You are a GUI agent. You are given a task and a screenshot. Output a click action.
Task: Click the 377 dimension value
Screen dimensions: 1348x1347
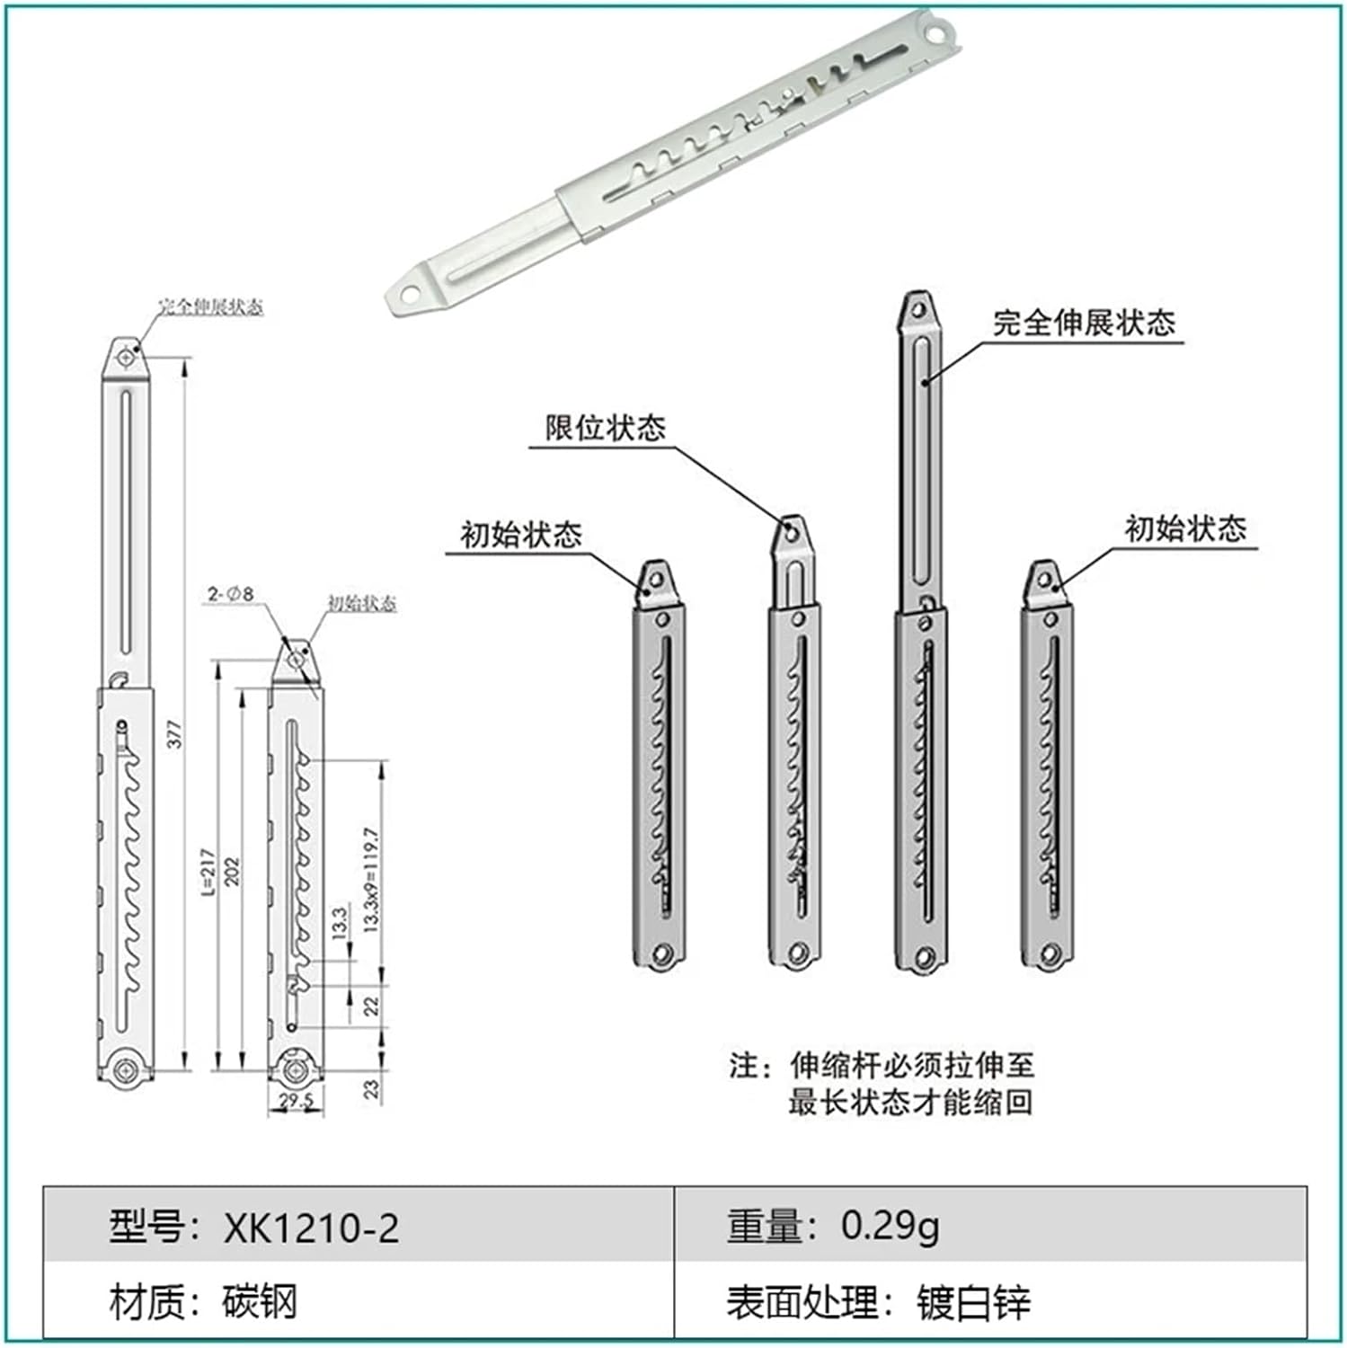(x=176, y=733)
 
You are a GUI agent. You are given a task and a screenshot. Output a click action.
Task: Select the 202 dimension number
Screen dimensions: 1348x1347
(x=232, y=871)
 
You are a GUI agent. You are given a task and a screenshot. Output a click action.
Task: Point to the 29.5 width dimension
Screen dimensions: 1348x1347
(x=296, y=1101)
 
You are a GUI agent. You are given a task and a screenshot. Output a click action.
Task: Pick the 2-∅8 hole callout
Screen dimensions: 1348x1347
(x=231, y=594)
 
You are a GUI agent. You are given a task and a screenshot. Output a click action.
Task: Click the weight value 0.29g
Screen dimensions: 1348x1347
(x=890, y=1226)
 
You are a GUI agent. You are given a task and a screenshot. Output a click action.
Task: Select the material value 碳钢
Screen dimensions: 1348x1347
(x=259, y=1301)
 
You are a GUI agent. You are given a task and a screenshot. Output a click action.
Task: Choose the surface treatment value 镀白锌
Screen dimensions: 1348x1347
(x=973, y=1302)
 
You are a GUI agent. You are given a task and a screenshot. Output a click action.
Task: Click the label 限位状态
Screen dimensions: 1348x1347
(x=606, y=428)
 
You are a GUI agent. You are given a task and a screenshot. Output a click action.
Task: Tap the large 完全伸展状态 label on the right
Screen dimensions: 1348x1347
(x=1084, y=323)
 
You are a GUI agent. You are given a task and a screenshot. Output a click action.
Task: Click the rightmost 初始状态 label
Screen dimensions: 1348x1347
(x=1185, y=528)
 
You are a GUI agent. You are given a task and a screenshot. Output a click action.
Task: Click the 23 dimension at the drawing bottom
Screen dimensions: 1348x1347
(x=372, y=1088)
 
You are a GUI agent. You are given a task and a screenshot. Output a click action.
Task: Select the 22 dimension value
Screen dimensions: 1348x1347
(x=372, y=1005)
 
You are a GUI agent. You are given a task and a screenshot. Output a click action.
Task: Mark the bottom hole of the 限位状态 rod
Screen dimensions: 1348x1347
(x=796, y=953)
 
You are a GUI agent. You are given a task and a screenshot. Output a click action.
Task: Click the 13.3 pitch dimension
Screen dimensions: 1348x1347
(x=339, y=923)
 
